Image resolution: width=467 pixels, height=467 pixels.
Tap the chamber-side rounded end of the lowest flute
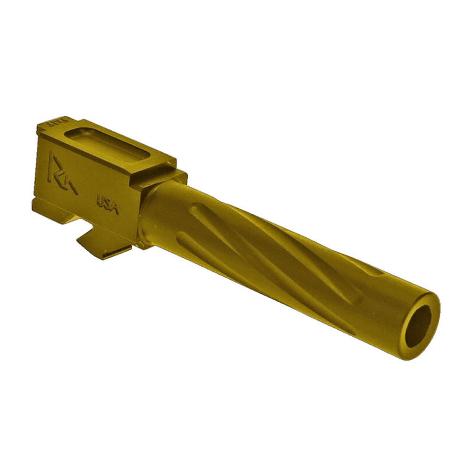click(184, 238)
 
